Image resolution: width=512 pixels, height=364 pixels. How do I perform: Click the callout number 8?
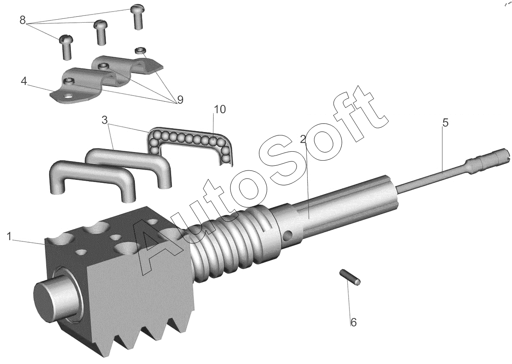[x=23, y=20]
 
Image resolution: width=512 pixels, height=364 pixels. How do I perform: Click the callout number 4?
[x=24, y=81]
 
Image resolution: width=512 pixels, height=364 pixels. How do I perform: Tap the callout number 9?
[x=180, y=100]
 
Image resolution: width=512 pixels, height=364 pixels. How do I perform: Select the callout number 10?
[x=219, y=109]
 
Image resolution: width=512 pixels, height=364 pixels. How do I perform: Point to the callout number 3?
[x=105, y=120]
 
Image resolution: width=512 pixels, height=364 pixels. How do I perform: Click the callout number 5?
[x=445, y=123]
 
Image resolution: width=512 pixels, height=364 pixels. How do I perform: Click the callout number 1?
[x=9, y=236]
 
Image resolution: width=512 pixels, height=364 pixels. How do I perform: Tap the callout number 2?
[x=303, y=139]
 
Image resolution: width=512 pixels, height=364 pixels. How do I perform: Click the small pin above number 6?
[x=350, y=277]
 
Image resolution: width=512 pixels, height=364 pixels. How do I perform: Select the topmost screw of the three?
[x=137, y=17]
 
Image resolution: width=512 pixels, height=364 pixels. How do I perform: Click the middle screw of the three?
[x=101, y=32]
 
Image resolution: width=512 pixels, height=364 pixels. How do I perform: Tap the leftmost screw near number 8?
[x=66, y=47]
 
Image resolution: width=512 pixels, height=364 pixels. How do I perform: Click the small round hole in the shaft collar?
[x=288, y=235]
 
